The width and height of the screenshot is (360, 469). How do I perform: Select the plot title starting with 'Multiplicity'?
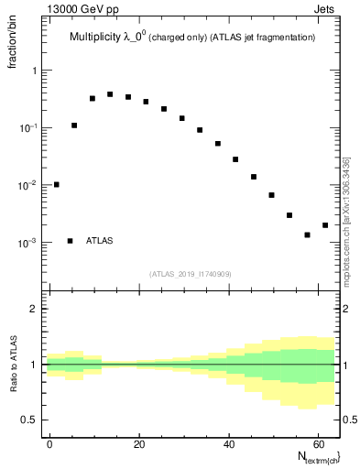click(192, 38)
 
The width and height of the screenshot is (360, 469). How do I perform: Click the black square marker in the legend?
click(70, 241)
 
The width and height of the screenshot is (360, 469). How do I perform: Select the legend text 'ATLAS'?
click(100, 241)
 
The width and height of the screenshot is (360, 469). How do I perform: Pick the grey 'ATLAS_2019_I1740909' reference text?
click(192, 274)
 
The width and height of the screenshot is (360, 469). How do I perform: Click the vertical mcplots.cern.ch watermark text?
click(347, 220)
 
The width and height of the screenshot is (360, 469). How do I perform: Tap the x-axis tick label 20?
click(138, 444)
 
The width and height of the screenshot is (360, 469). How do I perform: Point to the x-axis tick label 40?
click(227, 444)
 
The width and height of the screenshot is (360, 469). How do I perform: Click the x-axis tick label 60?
click(316, 444)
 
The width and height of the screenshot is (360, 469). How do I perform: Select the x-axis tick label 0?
click(50, 444)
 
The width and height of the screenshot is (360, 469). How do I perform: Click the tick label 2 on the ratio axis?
click(33, 309)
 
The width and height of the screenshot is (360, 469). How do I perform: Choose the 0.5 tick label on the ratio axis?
click(28, 420)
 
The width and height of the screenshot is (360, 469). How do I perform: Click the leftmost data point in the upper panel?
click(57, 184)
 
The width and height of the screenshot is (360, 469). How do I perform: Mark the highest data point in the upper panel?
click(110, 94)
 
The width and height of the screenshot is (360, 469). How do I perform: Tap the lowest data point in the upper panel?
click(307, 234)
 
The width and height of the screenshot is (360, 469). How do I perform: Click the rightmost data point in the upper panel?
click(325, 225)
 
